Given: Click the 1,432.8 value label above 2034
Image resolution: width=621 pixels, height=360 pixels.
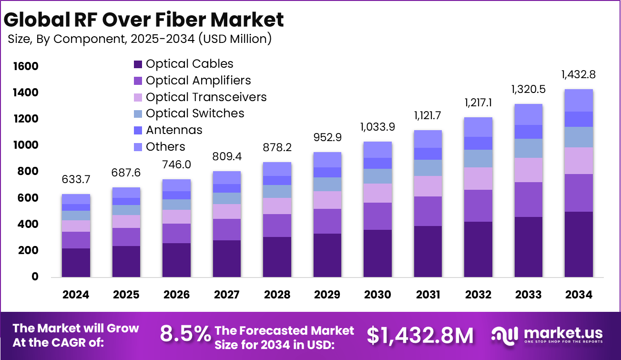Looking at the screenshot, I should [x=579, y=75].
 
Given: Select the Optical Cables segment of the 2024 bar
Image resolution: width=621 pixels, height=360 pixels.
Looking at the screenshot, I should [x=76, y=262].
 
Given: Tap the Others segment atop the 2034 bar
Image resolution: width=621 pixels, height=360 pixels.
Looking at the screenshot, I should [x=579, y=100].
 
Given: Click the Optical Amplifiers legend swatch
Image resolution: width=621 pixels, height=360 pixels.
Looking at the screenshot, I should [x=138, y=81].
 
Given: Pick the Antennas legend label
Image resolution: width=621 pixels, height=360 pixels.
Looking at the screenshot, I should [x=174, y=130].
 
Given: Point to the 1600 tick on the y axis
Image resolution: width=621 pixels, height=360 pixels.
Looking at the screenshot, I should [x=24, y=66].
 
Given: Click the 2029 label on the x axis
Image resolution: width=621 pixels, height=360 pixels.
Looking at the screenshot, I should [x=327, y=295].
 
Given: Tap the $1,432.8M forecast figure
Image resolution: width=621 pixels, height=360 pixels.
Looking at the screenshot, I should [x=420, y=335].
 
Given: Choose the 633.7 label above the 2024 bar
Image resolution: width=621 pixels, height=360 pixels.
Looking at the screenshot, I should [x=76, y=179].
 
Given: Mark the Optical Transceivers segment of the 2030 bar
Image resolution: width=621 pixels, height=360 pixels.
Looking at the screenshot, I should [x=377, y=193].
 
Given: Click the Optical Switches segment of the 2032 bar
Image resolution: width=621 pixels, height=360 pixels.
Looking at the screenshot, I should [x=478, y=158].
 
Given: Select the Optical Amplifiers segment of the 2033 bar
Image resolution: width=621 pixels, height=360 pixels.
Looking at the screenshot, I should [x=529, y=199].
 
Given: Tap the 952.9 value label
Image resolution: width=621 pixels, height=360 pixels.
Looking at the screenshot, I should [x=327, y=137].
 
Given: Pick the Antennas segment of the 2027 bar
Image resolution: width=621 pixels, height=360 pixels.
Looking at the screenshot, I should [x=226, y=188].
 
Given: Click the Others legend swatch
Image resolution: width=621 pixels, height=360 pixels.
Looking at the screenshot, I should [x=138, y=147].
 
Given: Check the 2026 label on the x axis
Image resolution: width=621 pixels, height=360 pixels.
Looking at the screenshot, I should [x=176, y=295].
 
